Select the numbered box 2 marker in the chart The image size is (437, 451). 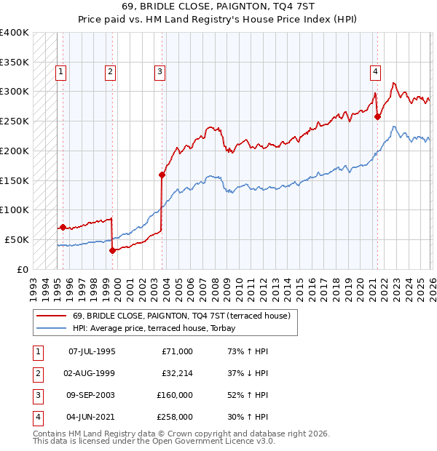[109, 71]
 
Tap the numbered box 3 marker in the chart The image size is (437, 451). [159, 71]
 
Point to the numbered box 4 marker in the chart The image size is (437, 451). [374, 71]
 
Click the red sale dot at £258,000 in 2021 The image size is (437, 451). [377, 116]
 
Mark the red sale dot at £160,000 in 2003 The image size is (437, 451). [162, 175]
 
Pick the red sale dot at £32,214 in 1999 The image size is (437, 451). [112, 250]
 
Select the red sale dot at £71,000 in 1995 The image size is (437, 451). [63, 227]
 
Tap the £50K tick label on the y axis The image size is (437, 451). [17, 239]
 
